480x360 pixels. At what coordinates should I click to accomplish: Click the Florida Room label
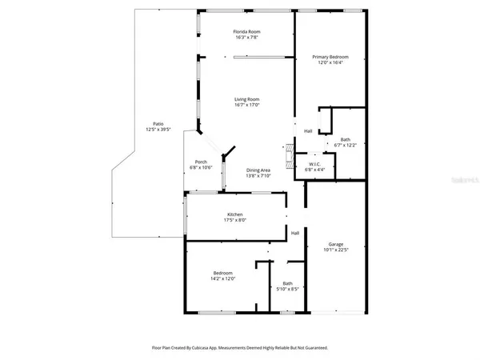click(246, 31)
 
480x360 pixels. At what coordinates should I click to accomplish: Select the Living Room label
click(246, 99)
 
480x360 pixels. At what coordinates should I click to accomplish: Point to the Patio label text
click(148, 123)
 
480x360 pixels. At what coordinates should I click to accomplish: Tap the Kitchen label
click(235, 214)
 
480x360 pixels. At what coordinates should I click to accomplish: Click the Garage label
click(336, 244)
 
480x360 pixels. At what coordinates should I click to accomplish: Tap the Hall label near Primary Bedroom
click(308, 131)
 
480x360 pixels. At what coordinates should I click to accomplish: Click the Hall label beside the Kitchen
click(295, 233)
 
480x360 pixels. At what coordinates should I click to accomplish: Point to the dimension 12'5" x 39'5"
click(148, 129)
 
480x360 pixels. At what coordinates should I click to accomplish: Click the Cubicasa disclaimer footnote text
click(240, 348)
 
